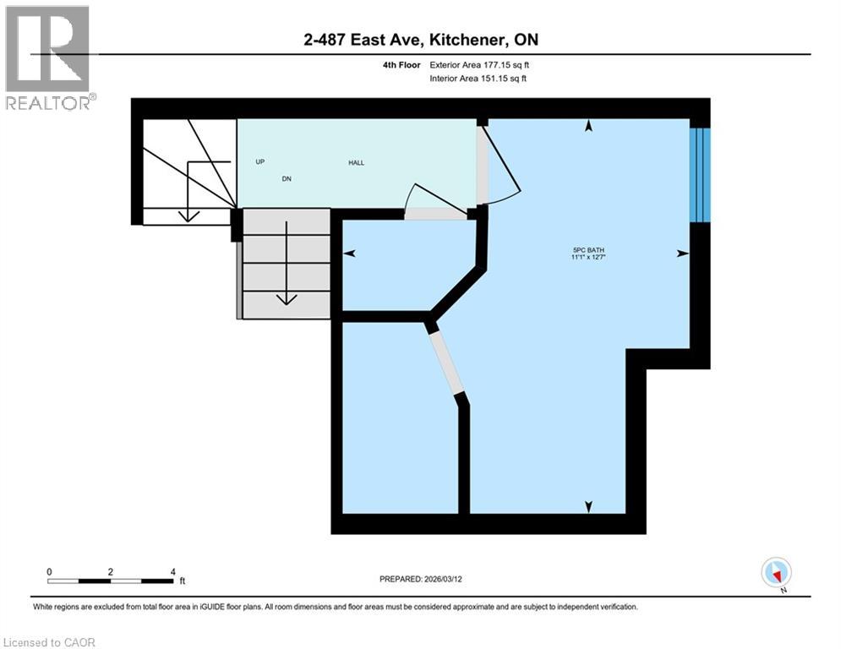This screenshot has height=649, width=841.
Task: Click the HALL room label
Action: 357,162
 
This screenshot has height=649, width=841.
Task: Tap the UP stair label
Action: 260,161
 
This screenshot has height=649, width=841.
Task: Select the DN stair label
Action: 287,179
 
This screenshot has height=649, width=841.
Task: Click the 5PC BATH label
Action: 588,249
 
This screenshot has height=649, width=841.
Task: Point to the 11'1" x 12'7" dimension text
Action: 588,258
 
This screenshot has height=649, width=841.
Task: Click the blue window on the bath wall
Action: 700,174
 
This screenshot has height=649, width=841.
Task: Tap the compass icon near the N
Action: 775,572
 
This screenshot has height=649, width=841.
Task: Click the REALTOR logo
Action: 50,57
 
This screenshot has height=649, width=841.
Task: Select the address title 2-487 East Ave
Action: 420,40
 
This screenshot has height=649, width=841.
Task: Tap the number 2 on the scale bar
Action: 111,572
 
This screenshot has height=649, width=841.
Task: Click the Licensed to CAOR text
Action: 49,642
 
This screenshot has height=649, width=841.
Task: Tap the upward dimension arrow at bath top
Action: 588,126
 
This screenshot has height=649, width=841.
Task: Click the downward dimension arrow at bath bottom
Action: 588,506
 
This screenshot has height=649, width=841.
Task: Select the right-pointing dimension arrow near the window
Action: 682,253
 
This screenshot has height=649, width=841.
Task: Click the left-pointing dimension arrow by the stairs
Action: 348,253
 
